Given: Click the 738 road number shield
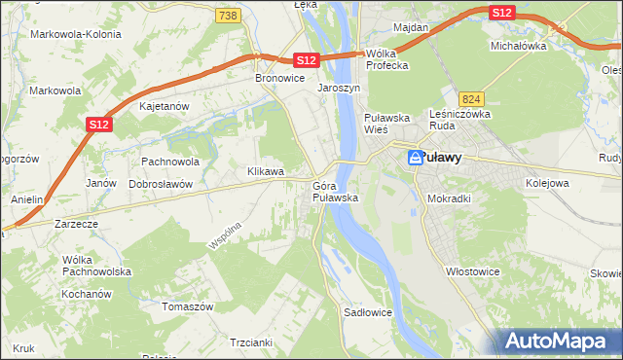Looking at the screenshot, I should (x=228, y=16).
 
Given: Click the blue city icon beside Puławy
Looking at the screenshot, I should (x=416, y=157).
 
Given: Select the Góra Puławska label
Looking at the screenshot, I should (x=336, y=191).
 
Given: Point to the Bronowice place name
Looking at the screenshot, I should (x=279, y=78).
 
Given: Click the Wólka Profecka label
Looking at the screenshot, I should (x=386, y=60).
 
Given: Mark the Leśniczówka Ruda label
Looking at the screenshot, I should (x=458, y=120).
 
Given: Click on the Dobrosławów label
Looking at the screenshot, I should (x=162, y=183).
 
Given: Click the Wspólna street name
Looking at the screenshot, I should (x=224, y=234).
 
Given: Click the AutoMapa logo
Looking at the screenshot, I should (x=558, y=341).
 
